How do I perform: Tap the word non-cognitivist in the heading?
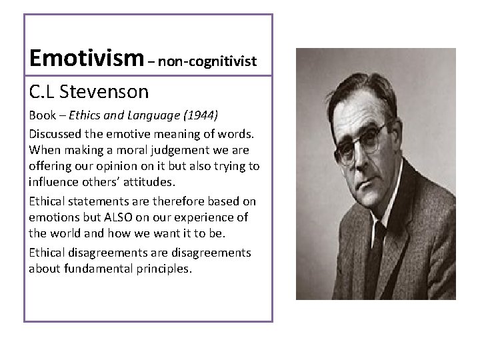tap(213, 62)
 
